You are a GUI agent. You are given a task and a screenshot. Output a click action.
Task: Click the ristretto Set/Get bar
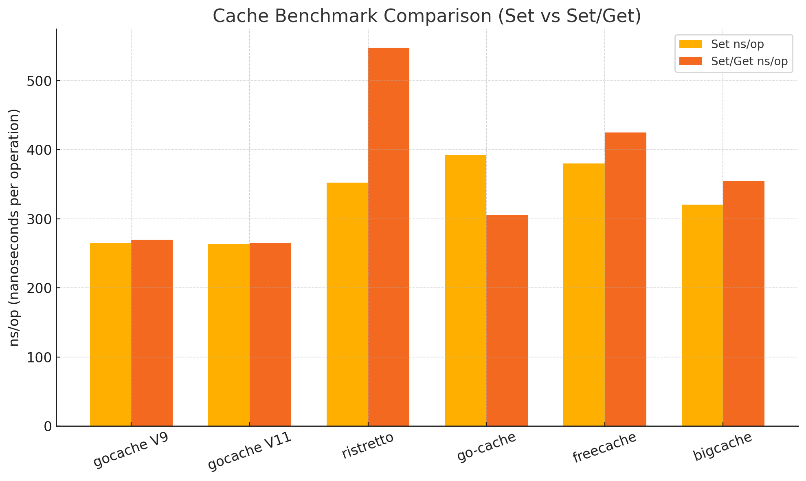point(389,236)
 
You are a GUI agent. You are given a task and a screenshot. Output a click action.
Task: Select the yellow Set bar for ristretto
point(347,304)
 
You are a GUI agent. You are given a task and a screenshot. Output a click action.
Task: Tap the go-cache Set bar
point(465,290)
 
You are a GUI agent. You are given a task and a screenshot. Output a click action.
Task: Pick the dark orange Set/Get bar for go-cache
point(507,320)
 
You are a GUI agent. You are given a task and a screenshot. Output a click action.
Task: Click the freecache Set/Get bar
point(625,279)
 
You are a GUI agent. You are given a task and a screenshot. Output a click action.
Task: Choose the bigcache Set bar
point(702,315)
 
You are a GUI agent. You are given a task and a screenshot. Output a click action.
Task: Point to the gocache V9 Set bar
point(110,334)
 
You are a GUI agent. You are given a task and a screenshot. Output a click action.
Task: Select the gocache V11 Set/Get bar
point(270,334)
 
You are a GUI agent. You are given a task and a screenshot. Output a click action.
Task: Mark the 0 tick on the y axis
point(48,426)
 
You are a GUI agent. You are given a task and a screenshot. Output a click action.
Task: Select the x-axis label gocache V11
point(249,451)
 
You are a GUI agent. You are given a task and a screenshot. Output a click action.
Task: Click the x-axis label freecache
point(604,447)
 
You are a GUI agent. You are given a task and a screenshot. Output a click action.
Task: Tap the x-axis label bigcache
point(722,446)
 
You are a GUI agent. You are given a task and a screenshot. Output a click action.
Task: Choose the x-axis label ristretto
point(367,446)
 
